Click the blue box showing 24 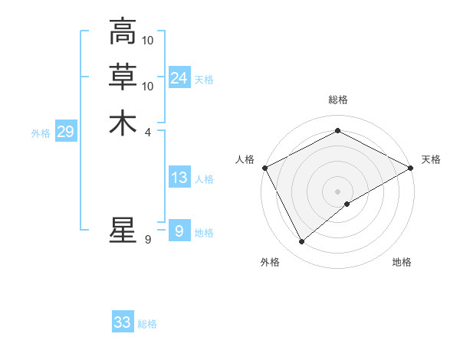coord(179,77)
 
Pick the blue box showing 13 coord(179,178)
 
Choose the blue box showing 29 coord(65,132)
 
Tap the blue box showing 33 coord(123,322)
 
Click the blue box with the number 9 coord(179,231)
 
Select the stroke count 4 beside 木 coord(148,132)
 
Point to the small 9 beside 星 coord(148,240)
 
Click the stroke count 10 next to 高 coord(149,40)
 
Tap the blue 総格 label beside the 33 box coord(147,324)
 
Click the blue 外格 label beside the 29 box coord(41,133)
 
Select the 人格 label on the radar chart coord(245,159)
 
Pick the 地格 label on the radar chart coord(402,262)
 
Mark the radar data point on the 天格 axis coord(411,168)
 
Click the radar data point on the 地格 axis coord(347,204)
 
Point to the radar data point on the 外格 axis coord(301,242)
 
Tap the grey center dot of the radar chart coord(337,191)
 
